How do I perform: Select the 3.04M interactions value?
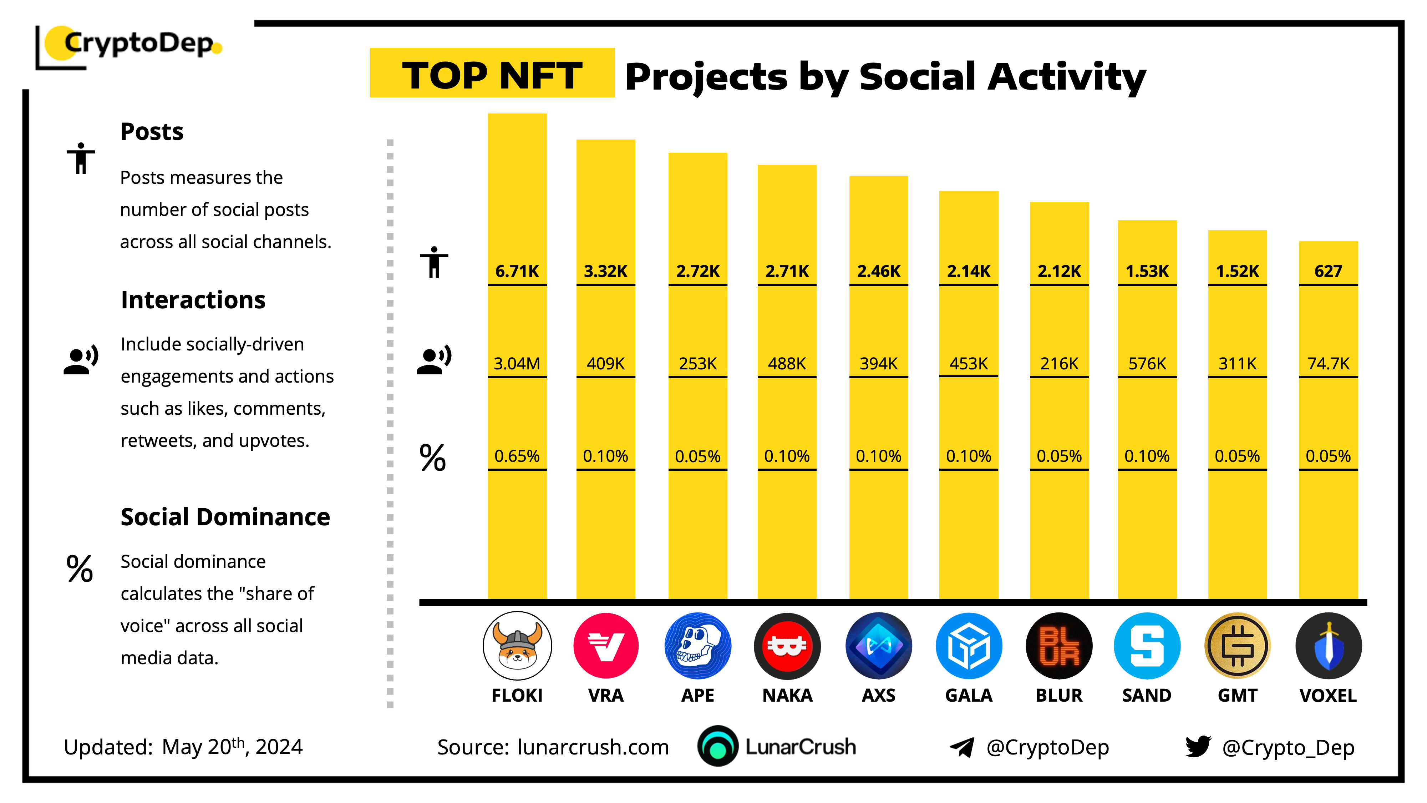(x=517, y=364)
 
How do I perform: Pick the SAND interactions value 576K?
(x=1147, y=364)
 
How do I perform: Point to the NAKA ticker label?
(x=787, y=696)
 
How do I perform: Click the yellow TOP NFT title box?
(x=492, y=73)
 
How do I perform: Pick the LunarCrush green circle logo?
(x=717, y=747)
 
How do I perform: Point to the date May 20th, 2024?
(x=232, y=747)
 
